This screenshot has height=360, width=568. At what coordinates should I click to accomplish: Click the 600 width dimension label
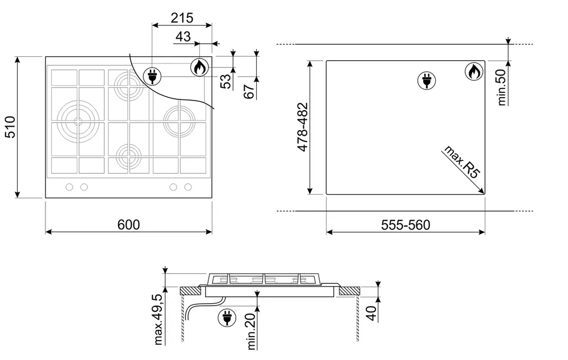128,225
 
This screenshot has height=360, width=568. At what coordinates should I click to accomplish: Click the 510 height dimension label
10,127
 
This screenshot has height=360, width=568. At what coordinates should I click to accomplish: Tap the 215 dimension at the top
182,18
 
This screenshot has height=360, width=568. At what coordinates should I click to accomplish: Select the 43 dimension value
183,36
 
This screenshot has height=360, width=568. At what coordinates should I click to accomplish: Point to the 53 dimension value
225,81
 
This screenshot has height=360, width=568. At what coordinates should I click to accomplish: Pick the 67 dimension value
249,91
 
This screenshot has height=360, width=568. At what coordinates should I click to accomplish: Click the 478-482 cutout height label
303,127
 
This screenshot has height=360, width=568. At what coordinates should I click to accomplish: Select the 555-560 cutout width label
406,225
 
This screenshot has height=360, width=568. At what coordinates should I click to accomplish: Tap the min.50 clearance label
502,87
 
